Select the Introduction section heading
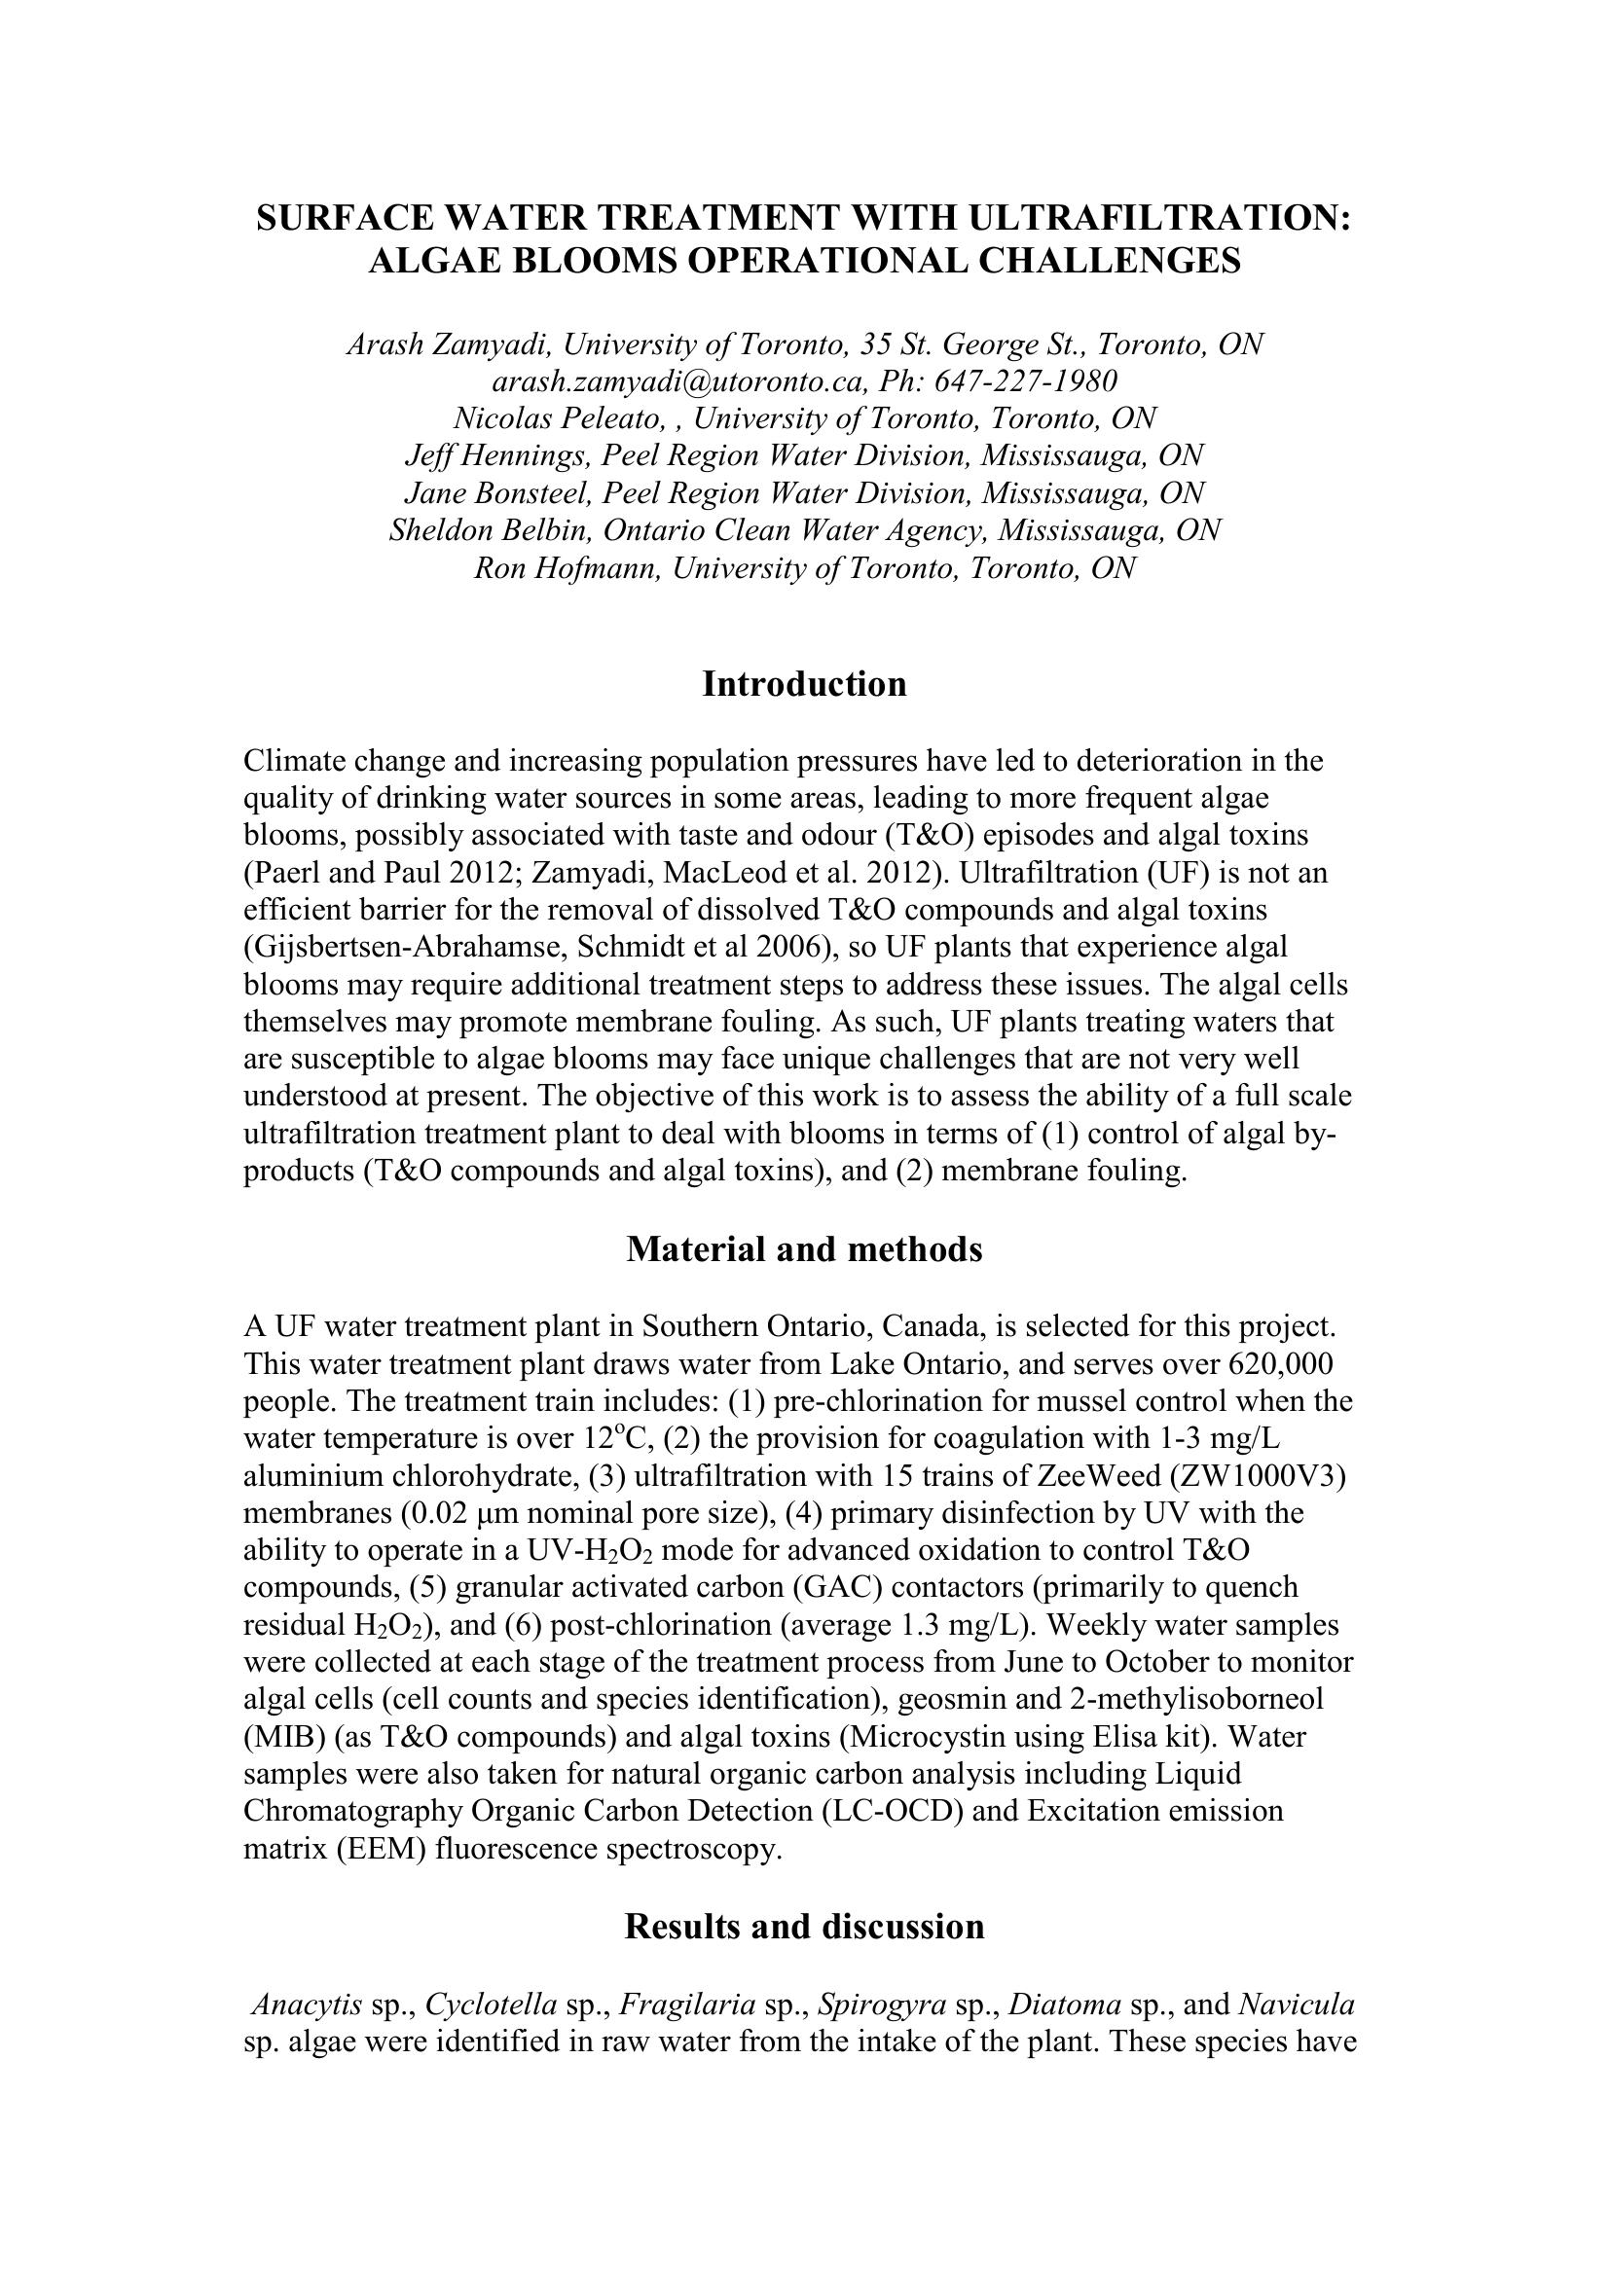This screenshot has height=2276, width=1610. click(804, 684)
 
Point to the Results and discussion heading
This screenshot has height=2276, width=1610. click(804, 1926)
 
